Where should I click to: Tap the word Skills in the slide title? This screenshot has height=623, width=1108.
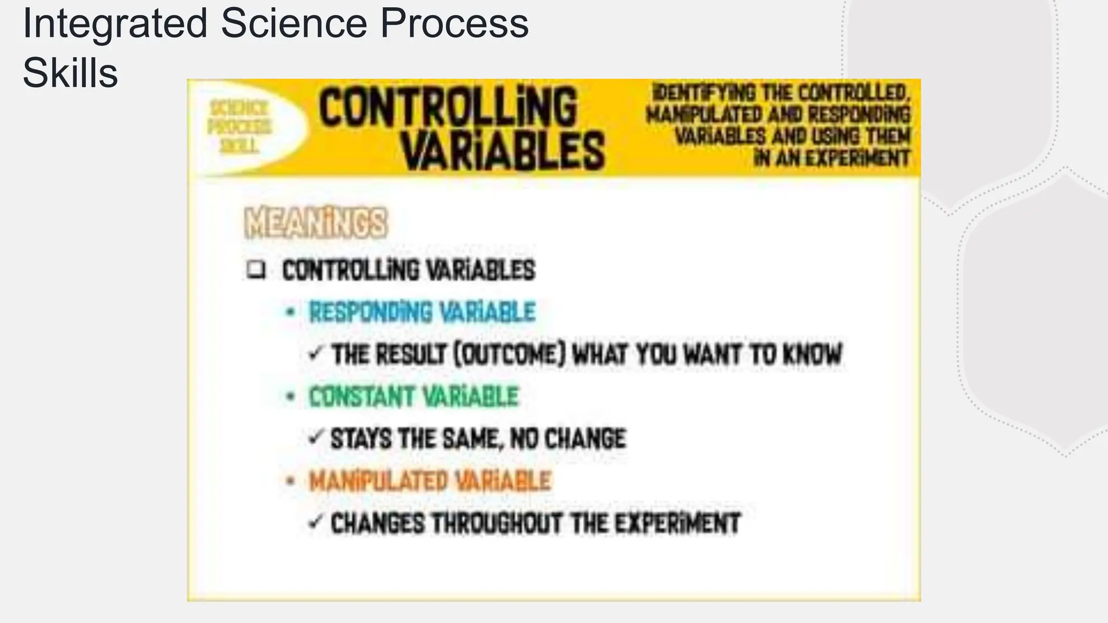pyautogui.click(x=70, y=74)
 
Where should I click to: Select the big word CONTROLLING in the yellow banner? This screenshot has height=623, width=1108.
pyautogui.click(x=447, y=108)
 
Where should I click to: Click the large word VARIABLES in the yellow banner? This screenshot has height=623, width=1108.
pyautogui.click(x=503, y=151)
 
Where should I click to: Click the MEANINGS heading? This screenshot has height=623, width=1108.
pyautogui.click(x=316, y=223)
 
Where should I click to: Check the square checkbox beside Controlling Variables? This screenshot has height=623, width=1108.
pyautogui.click(x=255, y=269)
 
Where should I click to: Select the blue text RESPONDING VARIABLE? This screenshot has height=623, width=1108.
pyautogui.click(x=422, y=312)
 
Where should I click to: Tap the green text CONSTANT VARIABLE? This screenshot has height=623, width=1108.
pyautogui.click(x=413, y=396)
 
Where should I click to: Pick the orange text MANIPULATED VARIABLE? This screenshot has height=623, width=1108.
pyautogui.click(x=430, y=481)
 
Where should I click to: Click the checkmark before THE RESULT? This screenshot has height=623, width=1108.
pyautogui.click(x=315, y=354)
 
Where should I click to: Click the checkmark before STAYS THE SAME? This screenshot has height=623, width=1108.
pyautogui.click(x=315, y=438)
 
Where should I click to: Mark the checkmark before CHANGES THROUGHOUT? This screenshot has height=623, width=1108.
pyautogui.click(x=315, y=522)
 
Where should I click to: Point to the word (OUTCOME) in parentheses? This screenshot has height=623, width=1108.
pyautogui.click(x=509, y=354)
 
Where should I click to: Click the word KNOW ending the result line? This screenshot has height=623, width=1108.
pyautogui.click(x=813, y=354)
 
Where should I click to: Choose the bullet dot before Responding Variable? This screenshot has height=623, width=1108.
pyautogui.click(x=291, y=312)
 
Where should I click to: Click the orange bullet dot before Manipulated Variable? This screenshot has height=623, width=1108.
pyautogui.click(x=291, y=480)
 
